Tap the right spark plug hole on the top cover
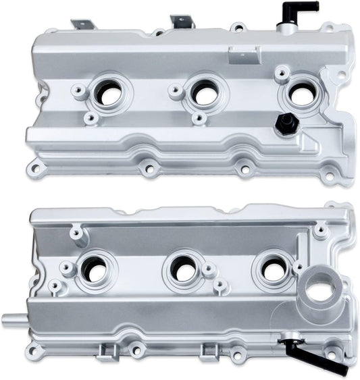point(301,94)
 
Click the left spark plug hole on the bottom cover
point(94,271)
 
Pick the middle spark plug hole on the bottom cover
point(182,269)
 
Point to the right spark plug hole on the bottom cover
point(273,270)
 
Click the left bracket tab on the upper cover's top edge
point(84,24)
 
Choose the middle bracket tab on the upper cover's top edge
point(182,22)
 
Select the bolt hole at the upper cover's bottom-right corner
point(329,177)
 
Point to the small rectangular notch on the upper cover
point(245,57)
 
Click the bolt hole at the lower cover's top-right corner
point(331,206)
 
